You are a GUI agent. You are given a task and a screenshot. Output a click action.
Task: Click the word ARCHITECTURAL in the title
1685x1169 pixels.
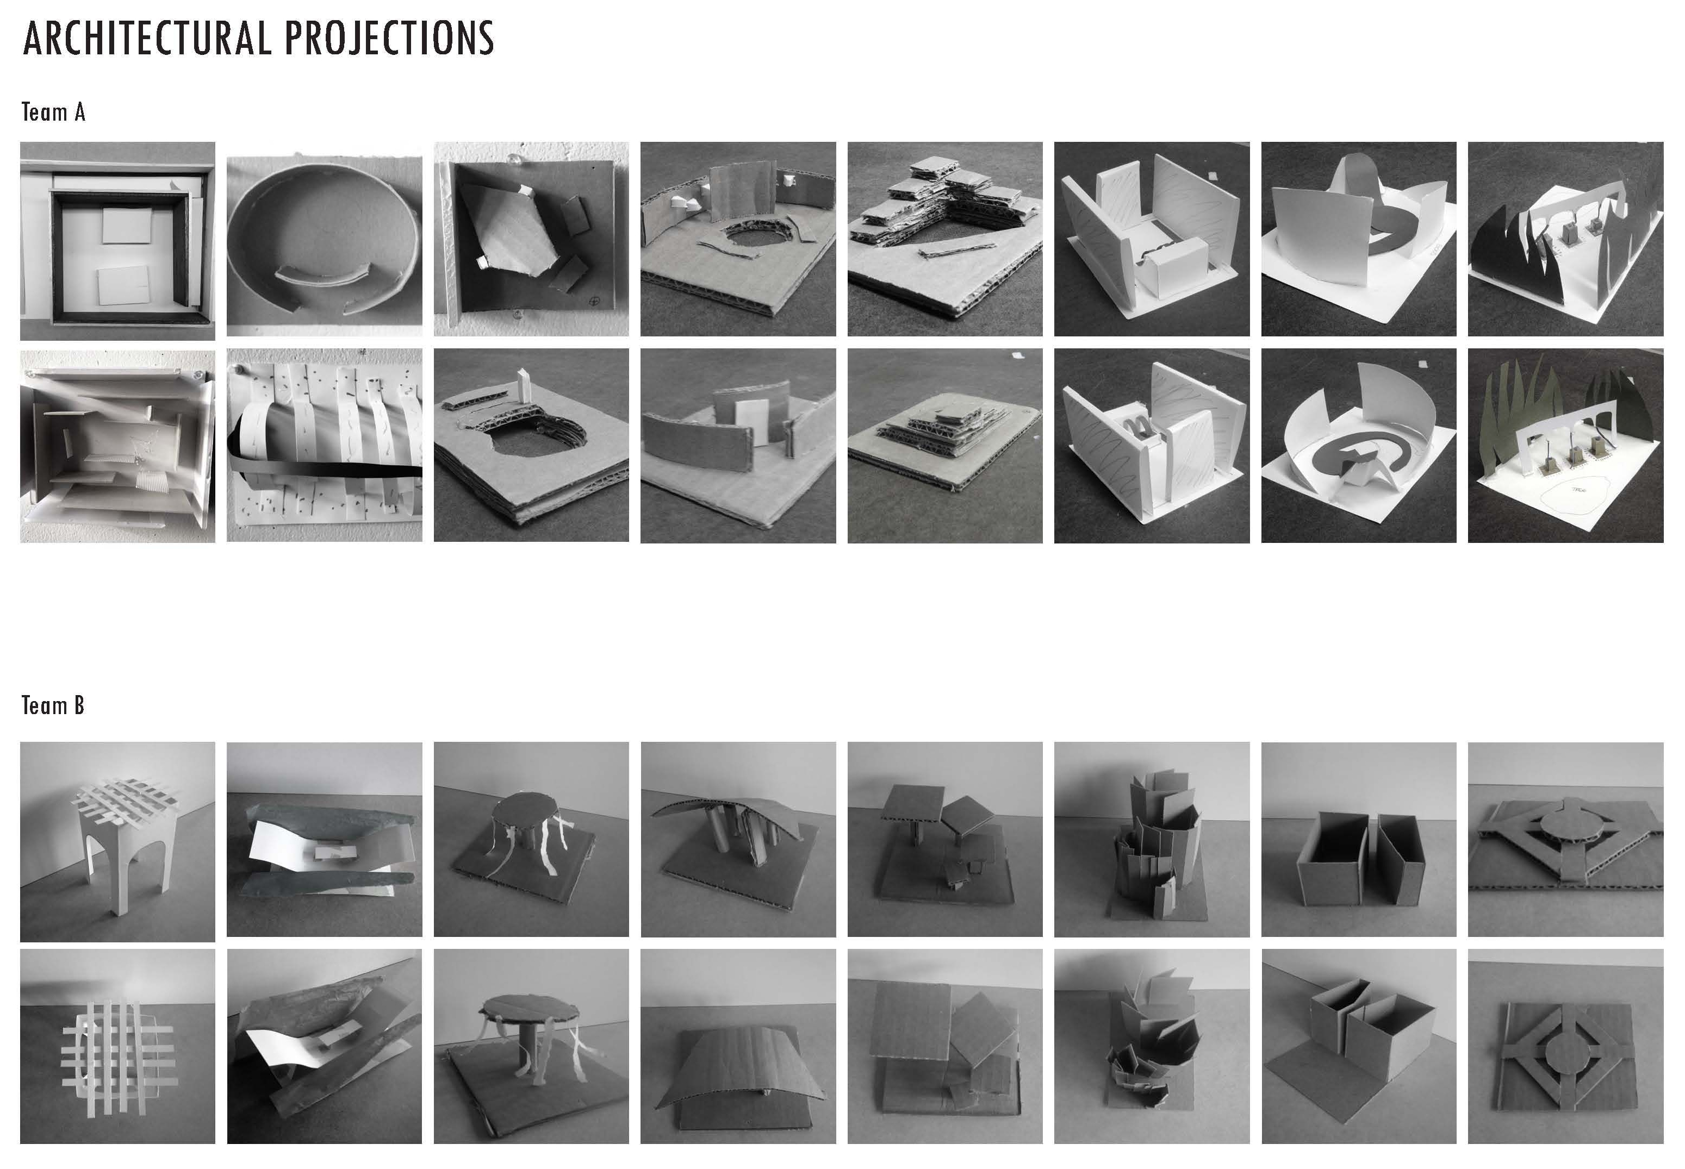tap(146, 38)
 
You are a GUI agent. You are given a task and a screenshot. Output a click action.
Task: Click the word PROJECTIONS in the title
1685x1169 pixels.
tap(389, 38)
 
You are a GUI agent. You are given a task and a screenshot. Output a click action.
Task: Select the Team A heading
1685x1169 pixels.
tap(53, 112)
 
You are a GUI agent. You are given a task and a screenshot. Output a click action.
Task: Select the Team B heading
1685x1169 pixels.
tap(53, 705)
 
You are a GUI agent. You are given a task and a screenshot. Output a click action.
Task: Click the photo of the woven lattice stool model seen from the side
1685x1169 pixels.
tap(117, 842)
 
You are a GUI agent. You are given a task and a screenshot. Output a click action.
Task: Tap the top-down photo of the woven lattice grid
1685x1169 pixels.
tap(117, 1047)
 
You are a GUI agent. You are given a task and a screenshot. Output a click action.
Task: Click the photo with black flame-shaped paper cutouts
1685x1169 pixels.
tap(1565, 239)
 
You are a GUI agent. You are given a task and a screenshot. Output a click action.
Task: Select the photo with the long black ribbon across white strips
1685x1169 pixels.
tap(324, 445)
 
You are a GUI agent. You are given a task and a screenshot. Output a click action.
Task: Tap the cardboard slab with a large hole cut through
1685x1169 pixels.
tap(531, 445)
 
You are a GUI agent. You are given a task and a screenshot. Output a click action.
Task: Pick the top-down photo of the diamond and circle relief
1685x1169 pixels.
tap(1565, 1047)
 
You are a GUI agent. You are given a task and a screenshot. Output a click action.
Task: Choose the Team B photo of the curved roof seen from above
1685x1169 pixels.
tap(738, 1047)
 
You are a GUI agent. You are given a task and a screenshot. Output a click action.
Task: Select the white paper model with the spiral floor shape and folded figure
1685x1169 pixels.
tap(1358, 445)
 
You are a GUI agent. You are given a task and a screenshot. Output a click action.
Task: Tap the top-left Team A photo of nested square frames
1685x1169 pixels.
tap(117, 241)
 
